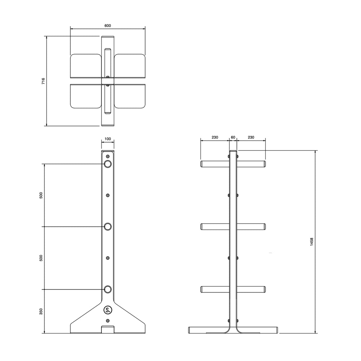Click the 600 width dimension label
[108, 26]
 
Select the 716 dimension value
[43, 81]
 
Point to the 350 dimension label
[41, 311]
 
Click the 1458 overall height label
[312, 242]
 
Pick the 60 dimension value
[233, 138]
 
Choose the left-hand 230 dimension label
[215, 138]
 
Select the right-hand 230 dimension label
[251, 138]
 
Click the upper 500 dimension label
[41, 195]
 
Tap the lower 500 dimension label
[41, 258]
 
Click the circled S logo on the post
[108, 309]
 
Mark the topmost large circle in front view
[108, 164]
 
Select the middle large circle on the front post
[108, 227]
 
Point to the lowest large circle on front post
[108, 289]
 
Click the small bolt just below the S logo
[108, 321]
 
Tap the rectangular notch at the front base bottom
[108, 329]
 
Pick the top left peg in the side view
[215, 164]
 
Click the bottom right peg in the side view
[251, 289]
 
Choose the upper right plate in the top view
[130, 65]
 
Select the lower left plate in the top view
[86, 96]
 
